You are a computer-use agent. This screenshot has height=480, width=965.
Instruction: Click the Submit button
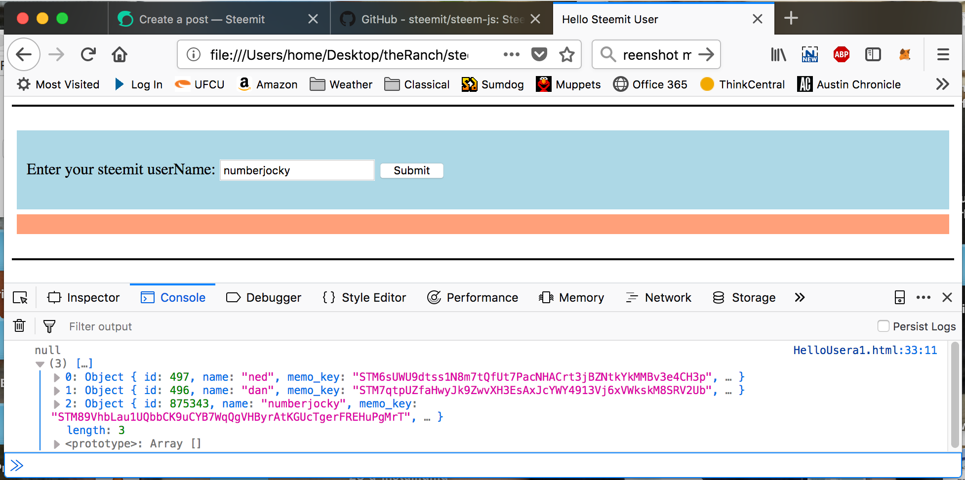(411, 170)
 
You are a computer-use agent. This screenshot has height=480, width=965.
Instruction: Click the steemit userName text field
(297, 170)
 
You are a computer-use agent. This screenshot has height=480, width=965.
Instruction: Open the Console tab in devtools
(173, 297)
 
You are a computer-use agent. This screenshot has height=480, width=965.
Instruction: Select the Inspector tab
(83, 297)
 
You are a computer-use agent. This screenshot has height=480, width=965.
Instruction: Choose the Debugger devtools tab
(264, 297)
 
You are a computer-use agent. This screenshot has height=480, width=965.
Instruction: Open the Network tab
(659, 297)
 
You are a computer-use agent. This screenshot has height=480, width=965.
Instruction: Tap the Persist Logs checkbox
(884, 326)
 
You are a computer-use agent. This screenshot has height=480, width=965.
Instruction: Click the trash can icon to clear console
(19, 325)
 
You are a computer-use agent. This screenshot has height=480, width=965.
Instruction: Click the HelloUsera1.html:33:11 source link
(865, 350)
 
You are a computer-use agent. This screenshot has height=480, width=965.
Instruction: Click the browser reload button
(88, 54)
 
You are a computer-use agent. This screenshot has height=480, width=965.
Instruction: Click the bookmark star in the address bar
(567, 54)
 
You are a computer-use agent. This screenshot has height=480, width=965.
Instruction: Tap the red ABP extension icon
(842, 54)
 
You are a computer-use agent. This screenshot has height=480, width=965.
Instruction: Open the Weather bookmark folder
(341, 84)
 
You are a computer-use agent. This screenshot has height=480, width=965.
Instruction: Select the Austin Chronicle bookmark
(849, 84)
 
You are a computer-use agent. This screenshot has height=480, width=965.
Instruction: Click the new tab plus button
(791, 18)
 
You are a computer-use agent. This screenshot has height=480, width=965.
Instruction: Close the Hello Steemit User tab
(758, 19)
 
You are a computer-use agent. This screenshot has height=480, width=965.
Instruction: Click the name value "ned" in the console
(258, 377)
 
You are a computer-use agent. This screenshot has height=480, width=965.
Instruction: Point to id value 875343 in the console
(189, 403)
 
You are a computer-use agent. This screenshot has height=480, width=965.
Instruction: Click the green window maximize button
(62, 18)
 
